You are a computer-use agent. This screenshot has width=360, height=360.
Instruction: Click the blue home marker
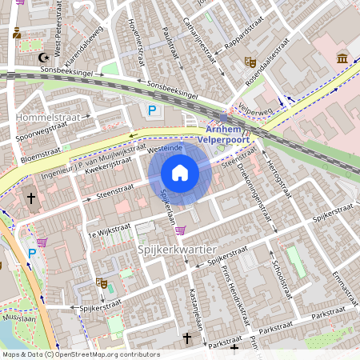click(180, 173)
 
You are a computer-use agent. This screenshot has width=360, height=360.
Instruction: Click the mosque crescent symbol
click(44, 58)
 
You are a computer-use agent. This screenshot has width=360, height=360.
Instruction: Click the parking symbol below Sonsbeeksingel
click(150, 110)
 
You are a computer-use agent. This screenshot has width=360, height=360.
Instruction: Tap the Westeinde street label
click(166, 149)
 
